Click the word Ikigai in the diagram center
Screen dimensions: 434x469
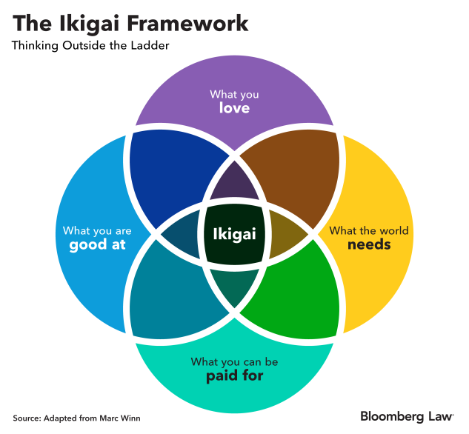234,234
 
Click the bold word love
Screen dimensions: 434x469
234,108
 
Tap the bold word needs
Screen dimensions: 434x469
369,244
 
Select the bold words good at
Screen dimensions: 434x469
97,244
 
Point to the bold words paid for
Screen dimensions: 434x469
234,375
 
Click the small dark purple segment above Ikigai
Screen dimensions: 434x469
234,183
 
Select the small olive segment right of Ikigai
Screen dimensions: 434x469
285,234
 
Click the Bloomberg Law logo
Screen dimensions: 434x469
408,416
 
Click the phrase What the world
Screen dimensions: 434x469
369,230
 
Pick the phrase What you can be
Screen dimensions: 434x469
234,362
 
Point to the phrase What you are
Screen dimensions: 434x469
97,231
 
